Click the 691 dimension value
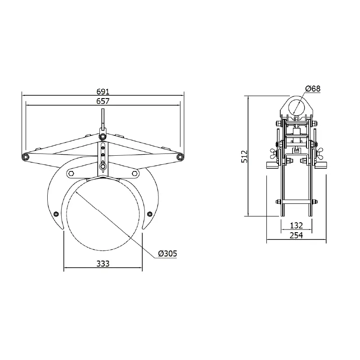[x=103, y=92]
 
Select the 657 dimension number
[x=103, y=101]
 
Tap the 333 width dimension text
[x=103, y=264]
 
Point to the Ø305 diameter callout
[x=167, y=253]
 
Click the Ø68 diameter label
[x=313, y=88]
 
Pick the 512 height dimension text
[x=244, y=156]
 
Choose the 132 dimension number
[x=297, y=225]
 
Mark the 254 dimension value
[x=297, y=235]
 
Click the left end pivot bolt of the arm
[x=26, y=157]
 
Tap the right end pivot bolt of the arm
[x=180, y=157]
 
